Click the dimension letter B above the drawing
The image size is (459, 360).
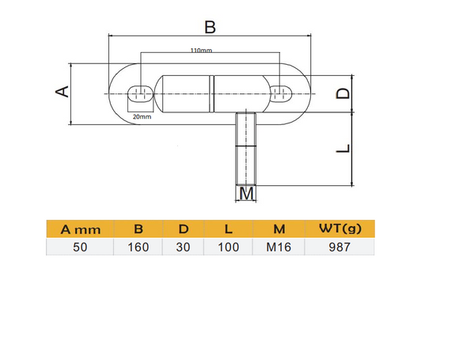(210, 27)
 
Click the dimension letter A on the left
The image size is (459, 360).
(61, 93)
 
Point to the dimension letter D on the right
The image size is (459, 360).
(342, 93)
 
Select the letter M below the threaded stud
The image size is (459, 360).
(247, 193)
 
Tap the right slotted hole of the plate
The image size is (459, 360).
(280, 93)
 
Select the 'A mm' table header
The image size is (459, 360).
(81, 229)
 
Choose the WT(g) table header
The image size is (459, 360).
(340, 229)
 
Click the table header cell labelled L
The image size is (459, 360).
(228, 229)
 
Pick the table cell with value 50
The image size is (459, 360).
(81, 247)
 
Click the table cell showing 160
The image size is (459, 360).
(138, 247)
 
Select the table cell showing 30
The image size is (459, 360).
(183, 247)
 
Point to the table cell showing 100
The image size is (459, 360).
(228, 247)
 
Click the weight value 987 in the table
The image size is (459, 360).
(340, 247)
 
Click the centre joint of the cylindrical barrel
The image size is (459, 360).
(212, 93)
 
